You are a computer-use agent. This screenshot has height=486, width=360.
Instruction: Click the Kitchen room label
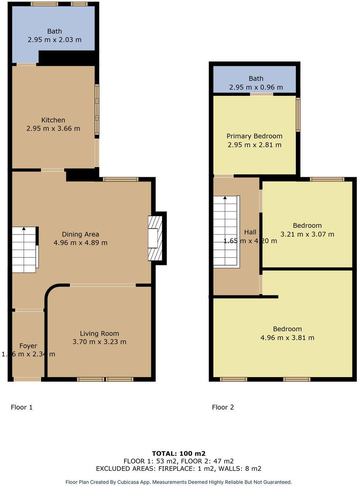pos(53,120)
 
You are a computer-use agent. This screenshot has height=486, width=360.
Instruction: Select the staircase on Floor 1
pos(24,250)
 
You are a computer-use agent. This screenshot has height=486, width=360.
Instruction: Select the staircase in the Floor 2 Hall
pos(226,232)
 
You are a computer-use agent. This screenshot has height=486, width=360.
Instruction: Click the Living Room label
pos(99,333)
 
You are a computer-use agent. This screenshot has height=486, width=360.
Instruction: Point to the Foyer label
pos(28,346)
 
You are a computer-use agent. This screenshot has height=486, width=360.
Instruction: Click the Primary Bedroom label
pos(254,136)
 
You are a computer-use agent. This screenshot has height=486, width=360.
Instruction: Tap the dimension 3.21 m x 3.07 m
pos(307,234)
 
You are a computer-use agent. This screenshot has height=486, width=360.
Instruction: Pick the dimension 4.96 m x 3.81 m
pos(287,337)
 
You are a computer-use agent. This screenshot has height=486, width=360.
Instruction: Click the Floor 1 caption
pos(21,407)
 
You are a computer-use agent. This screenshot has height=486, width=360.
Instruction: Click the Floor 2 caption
pos(223,407)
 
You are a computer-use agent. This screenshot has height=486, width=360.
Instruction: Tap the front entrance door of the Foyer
pos(27,379)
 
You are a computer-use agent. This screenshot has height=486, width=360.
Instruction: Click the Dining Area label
pos(81,234)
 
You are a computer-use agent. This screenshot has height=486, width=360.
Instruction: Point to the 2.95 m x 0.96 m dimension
pos(256,87)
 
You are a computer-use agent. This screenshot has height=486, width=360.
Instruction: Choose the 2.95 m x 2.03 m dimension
pos(54,40)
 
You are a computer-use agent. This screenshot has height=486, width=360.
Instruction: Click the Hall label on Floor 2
pos(250,232)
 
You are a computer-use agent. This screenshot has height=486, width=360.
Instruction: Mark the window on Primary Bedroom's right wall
pos(298,115)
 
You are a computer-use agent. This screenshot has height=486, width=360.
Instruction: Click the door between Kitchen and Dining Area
pos(53,170)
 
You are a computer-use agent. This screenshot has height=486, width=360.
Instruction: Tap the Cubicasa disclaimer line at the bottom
pos(179,482)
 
